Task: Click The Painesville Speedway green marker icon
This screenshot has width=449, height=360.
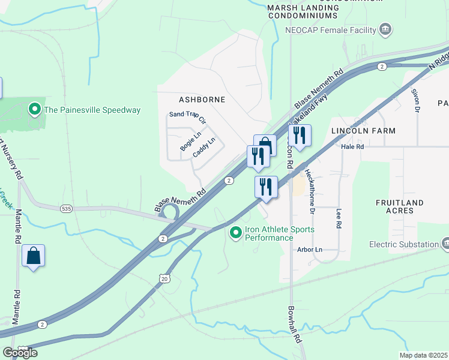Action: click(x=35, y=110)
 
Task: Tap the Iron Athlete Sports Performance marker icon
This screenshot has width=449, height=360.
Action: click(x=236, y=232)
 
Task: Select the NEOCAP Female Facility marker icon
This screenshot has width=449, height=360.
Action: click(x=385, y=29)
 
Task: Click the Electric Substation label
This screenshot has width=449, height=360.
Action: click(x=404, y=244)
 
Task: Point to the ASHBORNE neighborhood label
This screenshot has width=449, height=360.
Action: click(x=202, y=99)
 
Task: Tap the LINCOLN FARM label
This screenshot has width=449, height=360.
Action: click(x=364, y=130)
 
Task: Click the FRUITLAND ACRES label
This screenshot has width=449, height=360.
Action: click(x=399, y=207)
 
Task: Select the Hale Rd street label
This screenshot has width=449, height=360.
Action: click(x=352, y=146)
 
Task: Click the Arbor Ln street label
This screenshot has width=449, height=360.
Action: click(x=310, y=250)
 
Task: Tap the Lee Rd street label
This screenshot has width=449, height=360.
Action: click(x=339, y=217)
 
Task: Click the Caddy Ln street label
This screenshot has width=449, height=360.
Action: click(x=203, y=148)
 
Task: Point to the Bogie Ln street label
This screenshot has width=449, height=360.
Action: click(x=189, y=142)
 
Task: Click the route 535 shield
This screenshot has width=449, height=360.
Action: click(x=67, y=209)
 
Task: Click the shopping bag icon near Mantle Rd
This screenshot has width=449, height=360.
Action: click(x=34, y=256)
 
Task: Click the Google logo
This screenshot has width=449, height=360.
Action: click(x=20, y=352)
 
